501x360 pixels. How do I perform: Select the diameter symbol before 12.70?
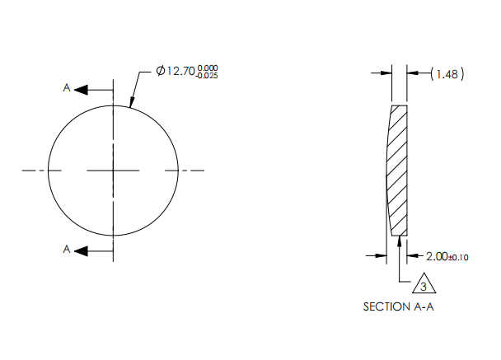coord(160,72)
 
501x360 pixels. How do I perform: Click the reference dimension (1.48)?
coord(448,74)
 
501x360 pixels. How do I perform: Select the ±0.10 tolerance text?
coord(459,258)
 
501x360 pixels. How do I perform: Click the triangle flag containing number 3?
coord(422,285)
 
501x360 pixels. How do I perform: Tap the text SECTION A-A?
coord(397,306)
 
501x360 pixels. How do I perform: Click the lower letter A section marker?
coord(67,248)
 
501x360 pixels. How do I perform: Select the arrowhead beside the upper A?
coord(83,90)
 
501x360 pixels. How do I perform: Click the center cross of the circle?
coord(114,171)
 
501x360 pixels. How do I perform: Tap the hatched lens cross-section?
coord(399,169)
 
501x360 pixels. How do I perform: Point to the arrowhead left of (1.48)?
coord(386,73)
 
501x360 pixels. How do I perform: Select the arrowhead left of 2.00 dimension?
coord(381,256)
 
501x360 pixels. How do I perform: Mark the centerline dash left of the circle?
coord(33,171)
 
